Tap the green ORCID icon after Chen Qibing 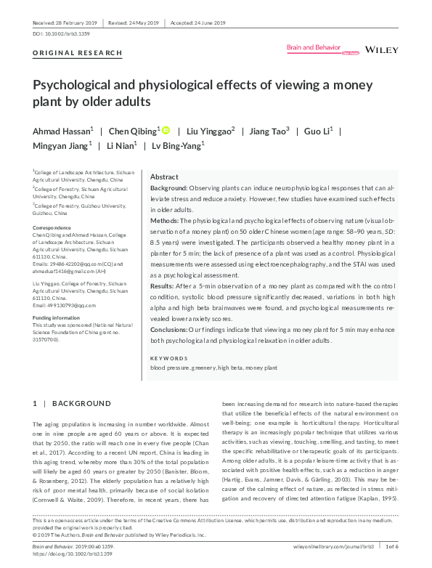coord(166,131)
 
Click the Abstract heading coord(164,177)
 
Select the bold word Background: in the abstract coord(168,187)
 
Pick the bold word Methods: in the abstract coord(165,219)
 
